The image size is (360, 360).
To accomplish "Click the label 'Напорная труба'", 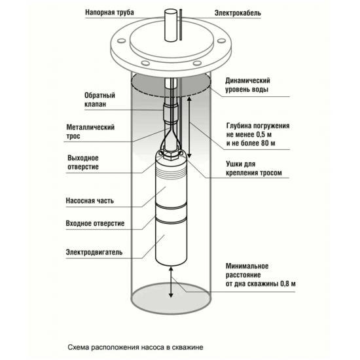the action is click(x=109, y=12).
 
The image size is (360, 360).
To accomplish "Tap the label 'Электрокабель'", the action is click(x=238, y=13).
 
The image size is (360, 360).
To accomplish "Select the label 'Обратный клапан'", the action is click(x=99, y=99).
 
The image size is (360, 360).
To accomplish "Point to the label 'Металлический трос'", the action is click(x=90, y=132).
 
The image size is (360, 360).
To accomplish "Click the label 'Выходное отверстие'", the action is click(x=83, y=162).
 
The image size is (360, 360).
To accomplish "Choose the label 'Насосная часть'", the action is click(x=90, y=201).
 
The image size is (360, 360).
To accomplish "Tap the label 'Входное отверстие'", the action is click(x=95, y=223).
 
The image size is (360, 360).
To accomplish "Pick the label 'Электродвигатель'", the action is click(x=94, y=252).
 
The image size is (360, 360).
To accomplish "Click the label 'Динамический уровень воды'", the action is click(x=247, y=85).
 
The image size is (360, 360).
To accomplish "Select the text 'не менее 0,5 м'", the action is click(x=249, y=134).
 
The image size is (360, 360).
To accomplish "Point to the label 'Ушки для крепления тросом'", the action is click(x=254, y=168).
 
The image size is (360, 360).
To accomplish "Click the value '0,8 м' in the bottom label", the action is click(x=288, y=284).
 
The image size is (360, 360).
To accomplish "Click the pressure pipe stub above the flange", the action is click(x=171, y=26).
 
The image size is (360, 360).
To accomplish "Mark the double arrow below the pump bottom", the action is click(x=171, y=281).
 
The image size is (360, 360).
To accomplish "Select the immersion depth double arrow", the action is click(x=189, y=128).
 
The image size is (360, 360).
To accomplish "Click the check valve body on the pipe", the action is click(x=171, y=114).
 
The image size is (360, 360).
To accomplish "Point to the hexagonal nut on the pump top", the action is click(x=171, y=156).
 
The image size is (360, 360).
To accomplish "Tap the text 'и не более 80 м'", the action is click(x=251, y=143).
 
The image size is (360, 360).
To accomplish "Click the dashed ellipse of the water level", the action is click(x=171, y=97).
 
